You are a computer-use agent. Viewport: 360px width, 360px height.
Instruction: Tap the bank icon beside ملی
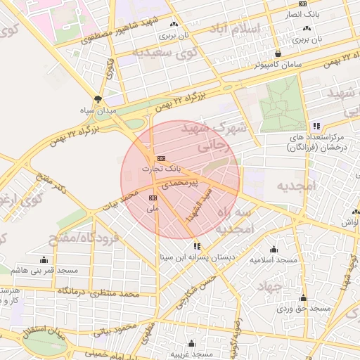click(x=153, y=198)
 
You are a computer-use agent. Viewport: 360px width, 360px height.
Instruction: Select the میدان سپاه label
click(x=99, y=110)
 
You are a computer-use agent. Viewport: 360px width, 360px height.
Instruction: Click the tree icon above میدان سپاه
click(x=98, y=99)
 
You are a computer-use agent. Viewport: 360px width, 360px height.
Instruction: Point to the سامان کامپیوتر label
click(x=278, y=64)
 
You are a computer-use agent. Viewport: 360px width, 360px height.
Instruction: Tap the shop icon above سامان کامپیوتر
click(x=278, y=53)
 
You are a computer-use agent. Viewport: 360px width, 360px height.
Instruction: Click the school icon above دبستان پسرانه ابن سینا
click(x=197, y=246)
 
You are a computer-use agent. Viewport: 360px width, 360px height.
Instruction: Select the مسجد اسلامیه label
click(x=274, y=259)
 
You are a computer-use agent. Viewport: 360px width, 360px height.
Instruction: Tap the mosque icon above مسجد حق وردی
click(x=303, y=298)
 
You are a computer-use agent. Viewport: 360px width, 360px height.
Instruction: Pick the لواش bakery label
click(x=351, y=222)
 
